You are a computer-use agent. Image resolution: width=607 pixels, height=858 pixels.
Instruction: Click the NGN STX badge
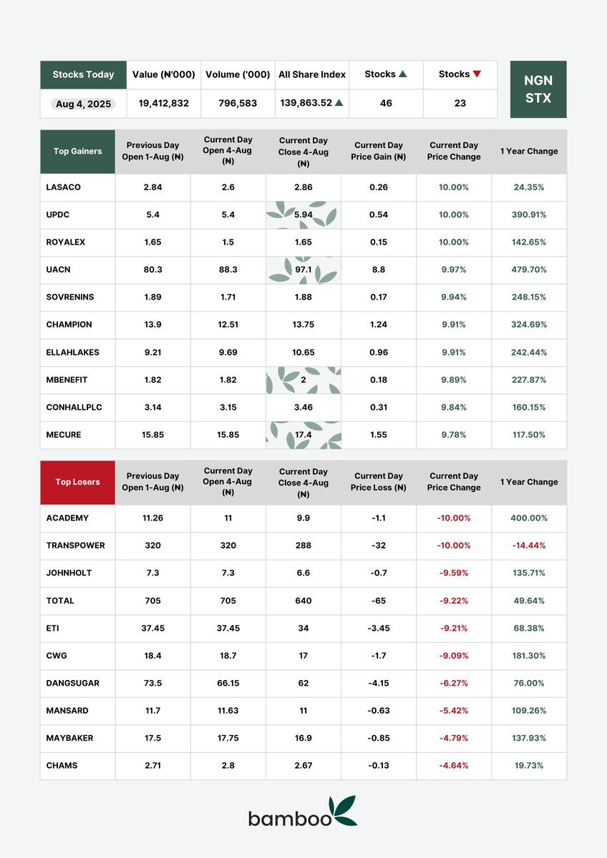[x=538, y=89]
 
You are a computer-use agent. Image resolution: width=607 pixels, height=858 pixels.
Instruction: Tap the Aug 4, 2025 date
[x=84, y=104]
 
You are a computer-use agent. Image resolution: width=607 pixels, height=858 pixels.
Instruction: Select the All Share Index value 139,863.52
[x=306, y=103]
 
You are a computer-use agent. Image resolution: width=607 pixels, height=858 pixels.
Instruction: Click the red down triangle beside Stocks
[x=477, y=74]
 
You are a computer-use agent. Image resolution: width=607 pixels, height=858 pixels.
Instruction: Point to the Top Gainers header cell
[x=77, y=152]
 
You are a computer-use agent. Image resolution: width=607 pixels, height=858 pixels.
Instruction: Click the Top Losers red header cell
[x=77, y=482]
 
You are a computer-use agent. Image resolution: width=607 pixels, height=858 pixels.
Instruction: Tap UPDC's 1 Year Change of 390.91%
[x=529, y=214]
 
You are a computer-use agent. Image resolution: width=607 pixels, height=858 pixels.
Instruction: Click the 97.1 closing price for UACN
[x=303, y=270]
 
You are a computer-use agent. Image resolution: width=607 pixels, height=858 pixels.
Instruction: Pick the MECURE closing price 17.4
[x=303, y=435]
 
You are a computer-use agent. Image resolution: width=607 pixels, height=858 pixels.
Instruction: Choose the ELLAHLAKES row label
[x=72, y=352]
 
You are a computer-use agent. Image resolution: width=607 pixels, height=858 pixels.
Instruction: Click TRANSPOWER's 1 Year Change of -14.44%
[x=529, y=546]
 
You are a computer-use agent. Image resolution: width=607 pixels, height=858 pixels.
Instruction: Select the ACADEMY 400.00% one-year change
[x=529, y=518]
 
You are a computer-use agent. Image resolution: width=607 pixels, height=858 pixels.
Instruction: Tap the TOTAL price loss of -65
[x=379, y=601]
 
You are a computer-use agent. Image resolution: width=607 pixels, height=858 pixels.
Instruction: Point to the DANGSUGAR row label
[x=72, y=683]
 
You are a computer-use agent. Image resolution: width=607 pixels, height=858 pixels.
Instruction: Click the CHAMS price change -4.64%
[x=454, y=765]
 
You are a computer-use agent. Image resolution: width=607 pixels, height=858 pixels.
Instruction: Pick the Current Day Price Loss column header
[x=379, y=482]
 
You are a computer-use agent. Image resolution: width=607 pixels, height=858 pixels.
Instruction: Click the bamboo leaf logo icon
[x=345, y=810]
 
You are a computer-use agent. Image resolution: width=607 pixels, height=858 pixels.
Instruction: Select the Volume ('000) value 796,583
[x=238, y=104]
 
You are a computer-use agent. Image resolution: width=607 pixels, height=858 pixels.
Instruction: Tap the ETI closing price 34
[x=303, y=628]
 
